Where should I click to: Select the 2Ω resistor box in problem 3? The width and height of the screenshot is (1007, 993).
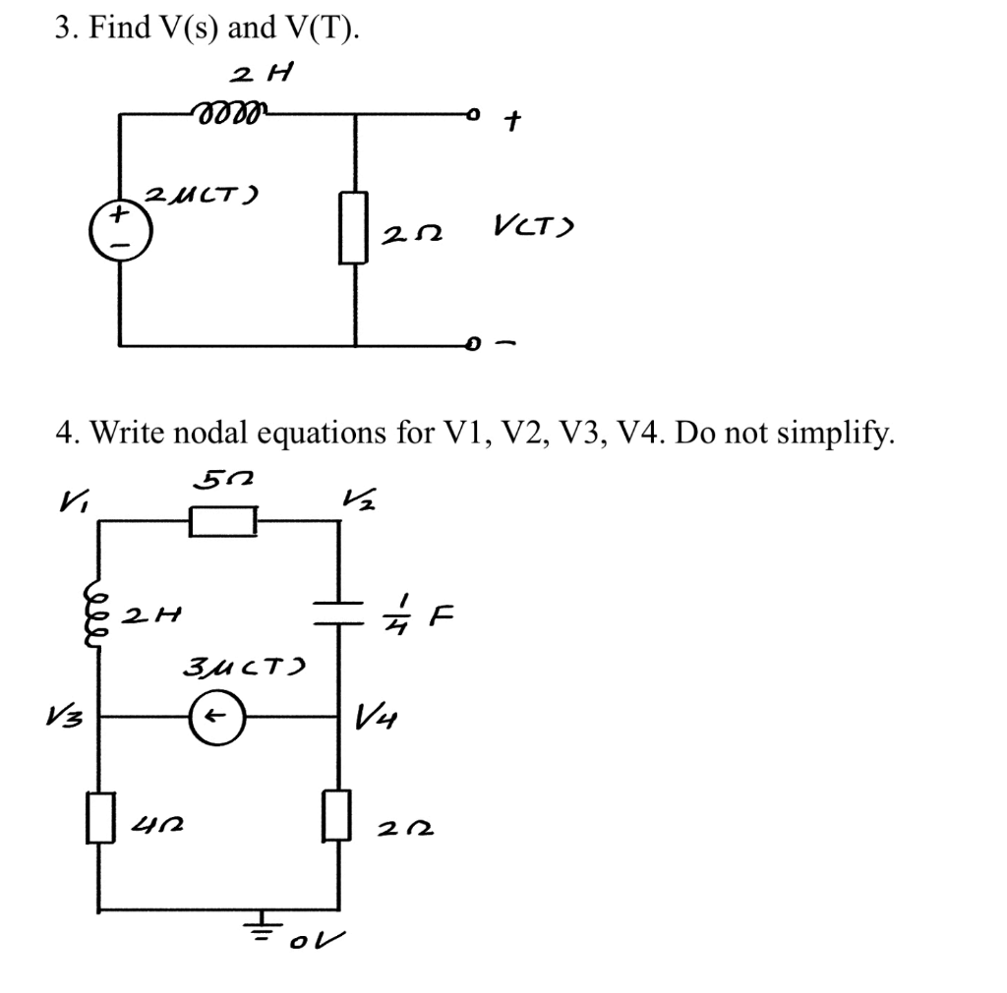click(x=354, y=227)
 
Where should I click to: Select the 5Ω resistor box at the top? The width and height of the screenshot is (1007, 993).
click(x=224, y=521)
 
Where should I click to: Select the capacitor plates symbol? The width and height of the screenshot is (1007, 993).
click(x=340, y=614)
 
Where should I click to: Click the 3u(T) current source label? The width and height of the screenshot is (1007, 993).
click(x=245, y=670)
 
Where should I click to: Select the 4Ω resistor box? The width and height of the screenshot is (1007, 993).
click(x=98, y=817)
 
